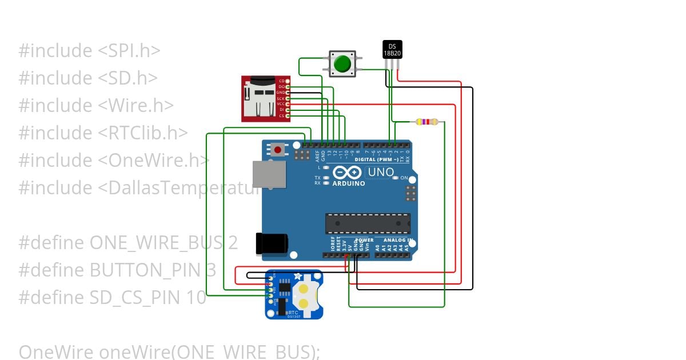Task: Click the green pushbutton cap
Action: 342,63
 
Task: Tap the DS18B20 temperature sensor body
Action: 392,50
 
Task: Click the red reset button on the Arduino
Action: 278,150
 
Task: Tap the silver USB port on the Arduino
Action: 269,174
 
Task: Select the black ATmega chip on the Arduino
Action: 368,223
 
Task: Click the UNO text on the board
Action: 381,172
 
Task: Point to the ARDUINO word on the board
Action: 348,184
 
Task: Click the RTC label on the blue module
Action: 293,313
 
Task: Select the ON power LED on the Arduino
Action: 394,178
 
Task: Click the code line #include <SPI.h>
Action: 89,51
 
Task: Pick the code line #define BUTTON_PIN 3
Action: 117,270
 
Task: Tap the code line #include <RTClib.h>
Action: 103,133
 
